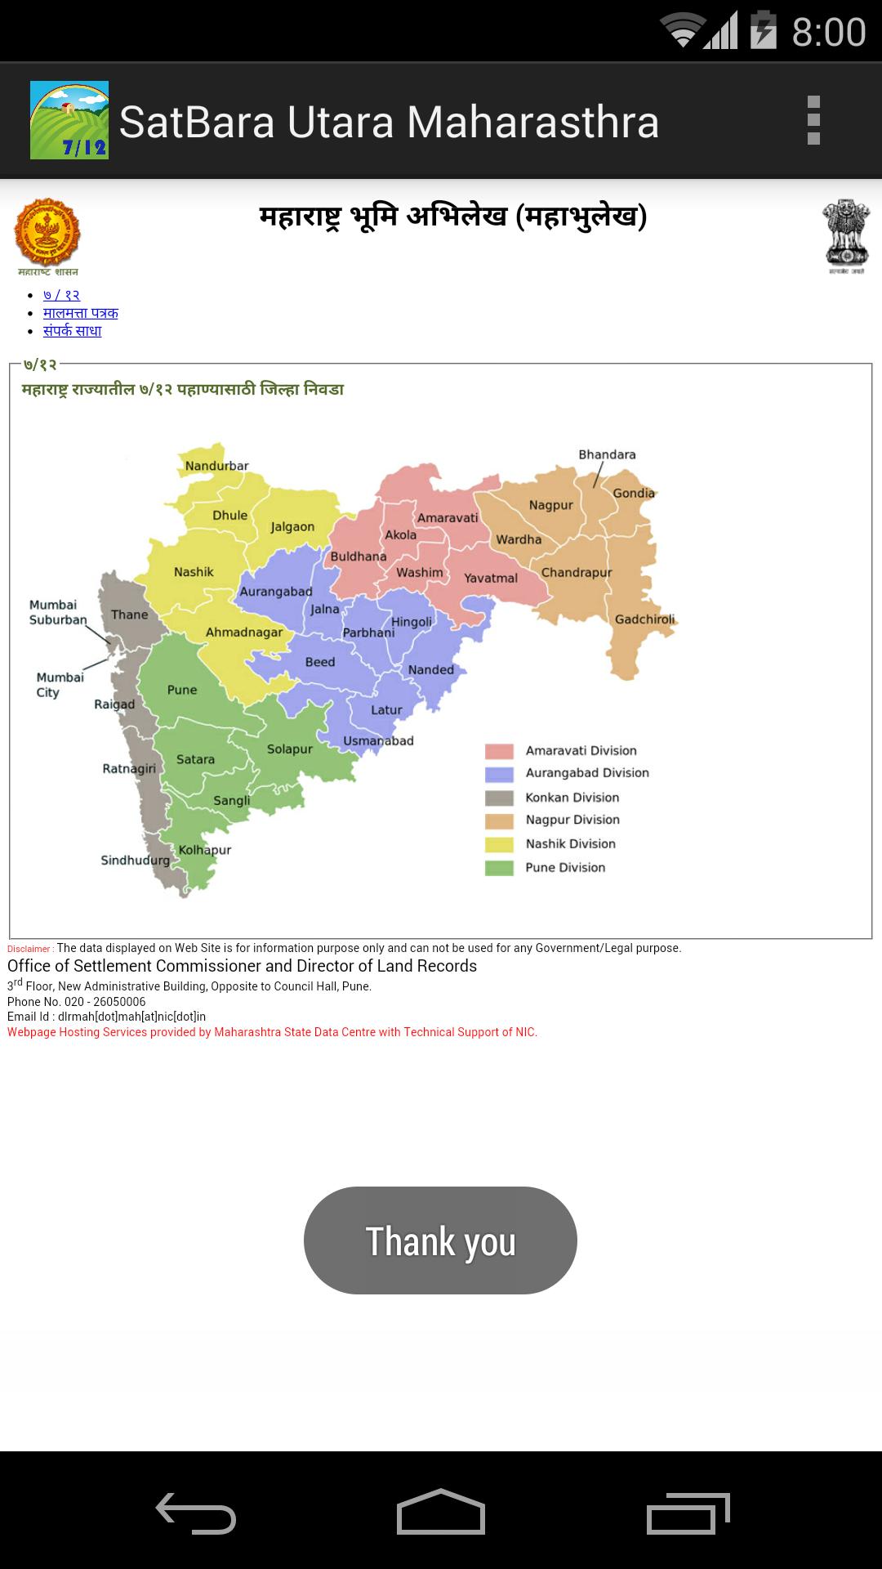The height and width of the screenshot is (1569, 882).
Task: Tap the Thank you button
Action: tap(440, 1240)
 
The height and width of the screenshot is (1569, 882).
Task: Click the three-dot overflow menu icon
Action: tap(813, 121)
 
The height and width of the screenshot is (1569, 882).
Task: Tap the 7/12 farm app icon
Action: tap(69, 120)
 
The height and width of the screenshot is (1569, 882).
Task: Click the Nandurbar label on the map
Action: tap(216, 466)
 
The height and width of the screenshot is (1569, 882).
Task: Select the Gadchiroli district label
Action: tap(644, 619)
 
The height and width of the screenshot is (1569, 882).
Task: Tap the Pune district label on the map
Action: tap(182, 690)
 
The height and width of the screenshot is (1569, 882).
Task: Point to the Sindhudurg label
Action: tap(135, 860)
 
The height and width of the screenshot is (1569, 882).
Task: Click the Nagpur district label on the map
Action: tap(550, 505)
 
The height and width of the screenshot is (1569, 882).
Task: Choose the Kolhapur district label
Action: tap(205, 850)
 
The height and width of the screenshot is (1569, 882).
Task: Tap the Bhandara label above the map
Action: tap(607, 454)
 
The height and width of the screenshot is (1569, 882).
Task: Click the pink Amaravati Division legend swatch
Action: tap(499, 751)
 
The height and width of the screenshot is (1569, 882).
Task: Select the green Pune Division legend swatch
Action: tap(499, 868)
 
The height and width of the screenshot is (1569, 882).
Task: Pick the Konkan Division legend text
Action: tap(572, 798)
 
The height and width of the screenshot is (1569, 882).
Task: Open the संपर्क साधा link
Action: tap(72, 331)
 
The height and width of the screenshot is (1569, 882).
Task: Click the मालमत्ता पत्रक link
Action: tap(80, 313)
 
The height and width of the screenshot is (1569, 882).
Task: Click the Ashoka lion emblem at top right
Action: tap(846, 234)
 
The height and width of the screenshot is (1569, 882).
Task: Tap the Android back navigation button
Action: tap(196, 1513)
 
